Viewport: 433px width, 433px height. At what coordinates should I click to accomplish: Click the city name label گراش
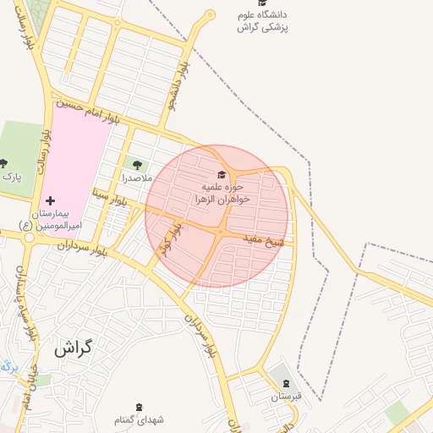(x=73, y=347)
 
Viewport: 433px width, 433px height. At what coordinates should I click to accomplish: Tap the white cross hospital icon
(x=51, y=201)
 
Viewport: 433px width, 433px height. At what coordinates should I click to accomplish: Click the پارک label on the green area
(x=11, y=177)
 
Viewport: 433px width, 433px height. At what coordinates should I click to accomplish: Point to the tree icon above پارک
(x=3, y=163)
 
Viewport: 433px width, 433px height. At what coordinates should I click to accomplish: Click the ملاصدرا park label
(x=136, y=178)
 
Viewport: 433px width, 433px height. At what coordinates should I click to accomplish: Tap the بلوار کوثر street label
(x=169, y=240)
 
